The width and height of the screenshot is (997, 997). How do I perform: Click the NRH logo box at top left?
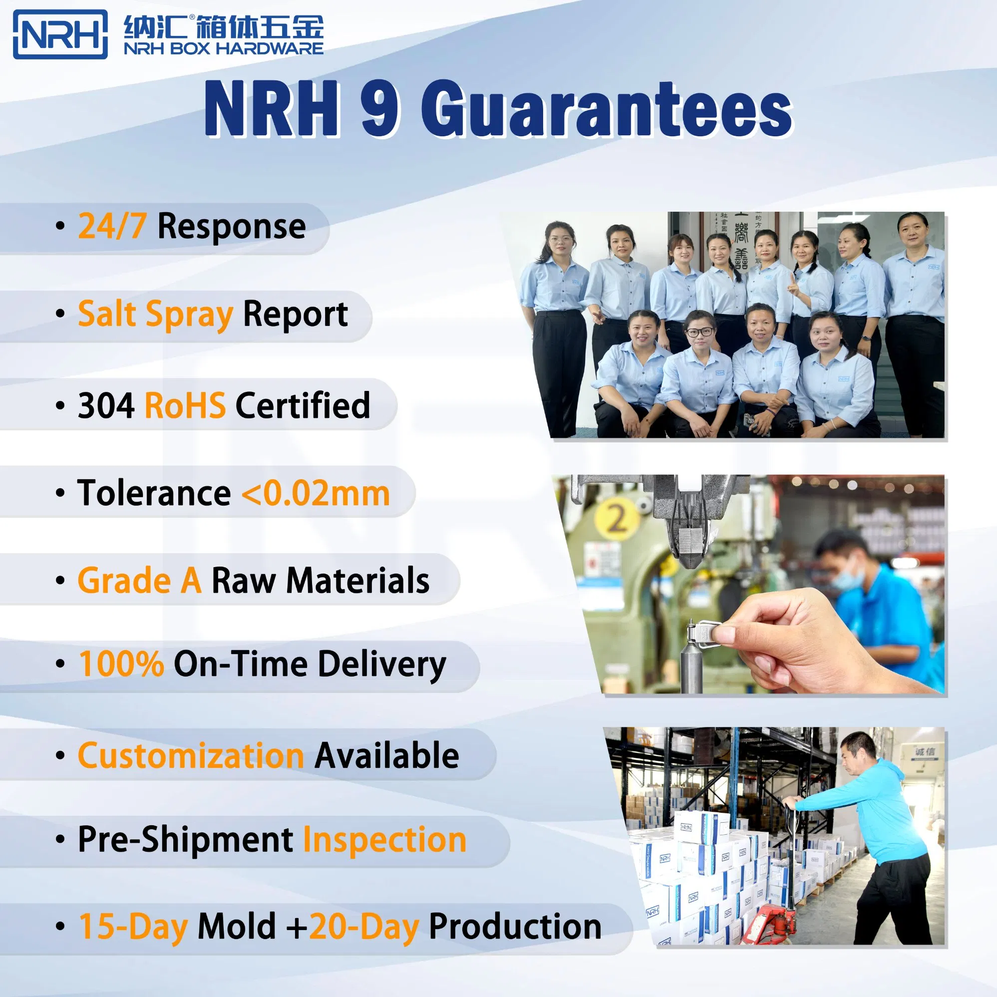tap(60, 34)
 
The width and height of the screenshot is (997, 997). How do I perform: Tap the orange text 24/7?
tap(111, 227)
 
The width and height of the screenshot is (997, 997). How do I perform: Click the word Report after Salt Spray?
tap(295, 314)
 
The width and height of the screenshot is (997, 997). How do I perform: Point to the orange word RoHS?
tap(185, 405)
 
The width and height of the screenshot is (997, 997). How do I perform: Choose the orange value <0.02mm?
tap(316, 493)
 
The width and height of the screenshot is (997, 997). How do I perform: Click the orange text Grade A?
tap(139, 581)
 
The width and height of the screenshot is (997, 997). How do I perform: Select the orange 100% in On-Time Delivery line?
tap(121, 664)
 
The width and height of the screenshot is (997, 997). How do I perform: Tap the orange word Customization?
tap(190, 755)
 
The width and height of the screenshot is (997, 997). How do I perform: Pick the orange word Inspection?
tap(384, 840)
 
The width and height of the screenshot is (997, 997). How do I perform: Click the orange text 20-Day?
tap(364, 927)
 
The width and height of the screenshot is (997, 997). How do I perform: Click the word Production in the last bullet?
tap(515, 927)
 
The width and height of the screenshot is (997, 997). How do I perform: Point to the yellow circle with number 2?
tap(617, 518)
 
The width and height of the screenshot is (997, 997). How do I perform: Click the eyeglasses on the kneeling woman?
tap(700, 332)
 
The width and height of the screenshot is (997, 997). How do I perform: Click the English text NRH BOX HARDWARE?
tap(224, 48)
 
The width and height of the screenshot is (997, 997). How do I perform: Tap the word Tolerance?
tap(154, 493)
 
